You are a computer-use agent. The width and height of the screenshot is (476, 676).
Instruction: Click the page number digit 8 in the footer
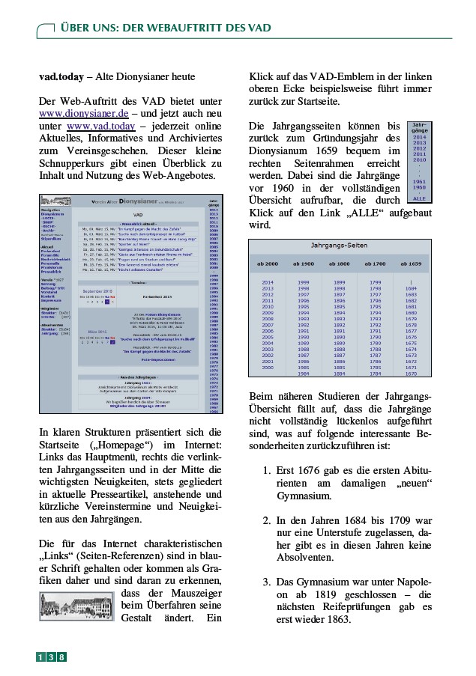[x=61, y=657]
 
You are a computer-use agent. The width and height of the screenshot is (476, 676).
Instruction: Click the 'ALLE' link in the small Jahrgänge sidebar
[x=420, y=198]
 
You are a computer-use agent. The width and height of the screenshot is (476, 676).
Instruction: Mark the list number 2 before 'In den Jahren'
[x=267, y=520]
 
